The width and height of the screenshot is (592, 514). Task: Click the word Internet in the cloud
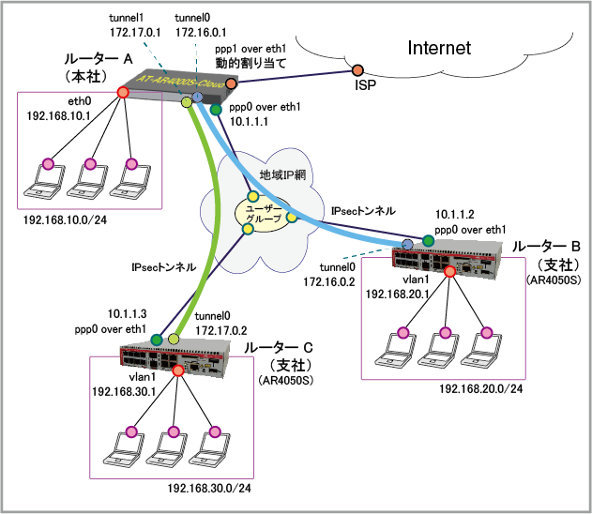[x=438, y=48]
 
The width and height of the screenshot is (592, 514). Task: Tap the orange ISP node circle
[x=358, y=70]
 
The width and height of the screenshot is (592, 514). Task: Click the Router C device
[x=178, y=359]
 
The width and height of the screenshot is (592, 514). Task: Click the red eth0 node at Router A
[x=122, y=92]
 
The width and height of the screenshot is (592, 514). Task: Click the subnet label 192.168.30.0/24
[x=210, y=489]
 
